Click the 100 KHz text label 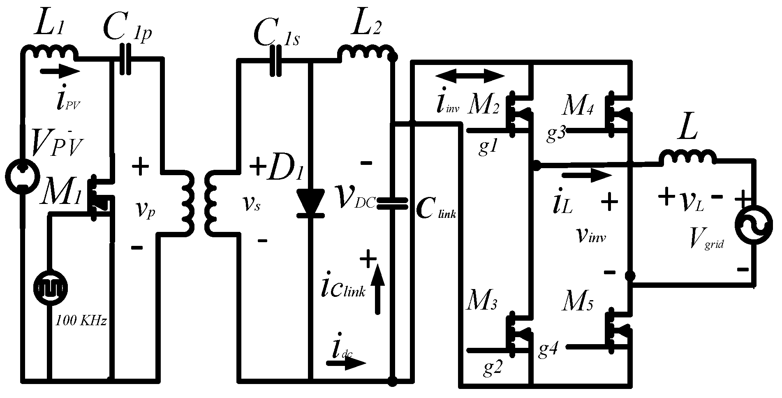(x=81, y=320)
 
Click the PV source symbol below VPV (x=21, y=177)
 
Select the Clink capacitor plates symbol (x=392, y=203)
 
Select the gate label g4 (x=548, y=349)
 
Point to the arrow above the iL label (x=587, y=176)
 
